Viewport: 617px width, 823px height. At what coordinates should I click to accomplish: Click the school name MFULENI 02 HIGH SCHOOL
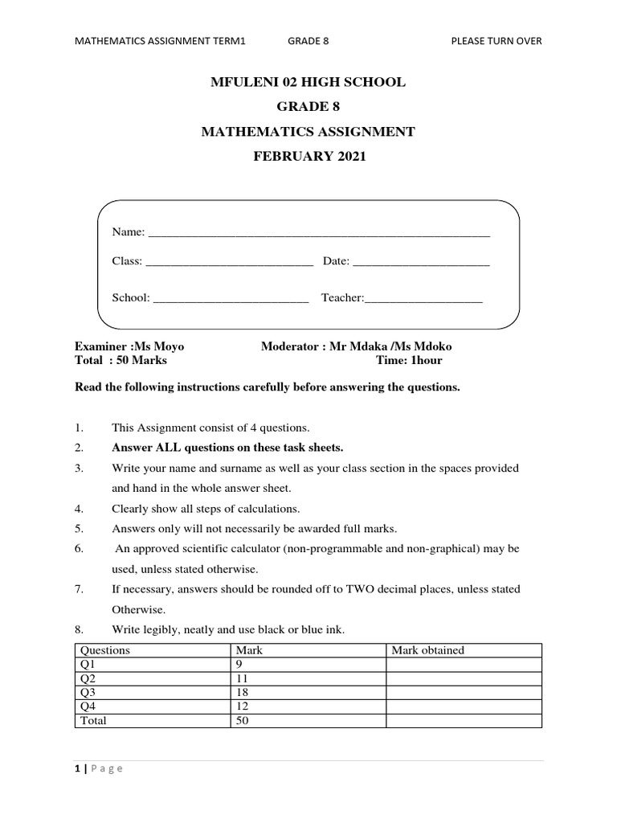click(308, 82)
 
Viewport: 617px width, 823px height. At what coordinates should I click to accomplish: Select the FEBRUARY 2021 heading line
click(308, 157)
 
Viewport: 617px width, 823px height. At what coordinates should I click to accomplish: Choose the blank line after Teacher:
click(423, 299)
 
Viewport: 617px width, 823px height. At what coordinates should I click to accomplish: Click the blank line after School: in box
click(231, 299)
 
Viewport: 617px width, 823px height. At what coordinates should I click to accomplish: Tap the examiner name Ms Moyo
click(158, 346)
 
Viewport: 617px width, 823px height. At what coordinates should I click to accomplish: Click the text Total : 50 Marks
click(121, 361)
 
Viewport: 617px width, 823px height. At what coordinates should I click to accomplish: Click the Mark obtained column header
click(427, 650)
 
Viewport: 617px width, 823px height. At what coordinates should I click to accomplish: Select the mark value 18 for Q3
click(241, 692)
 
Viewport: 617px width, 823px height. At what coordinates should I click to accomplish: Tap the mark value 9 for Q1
click(239, 665)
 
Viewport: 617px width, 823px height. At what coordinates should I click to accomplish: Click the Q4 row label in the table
click(86, 706)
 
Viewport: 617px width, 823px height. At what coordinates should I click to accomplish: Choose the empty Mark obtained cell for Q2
click(464, 678)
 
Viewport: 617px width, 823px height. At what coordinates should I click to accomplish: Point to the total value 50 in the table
click(242, 721)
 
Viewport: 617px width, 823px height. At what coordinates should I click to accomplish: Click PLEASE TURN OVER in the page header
click(496, 41)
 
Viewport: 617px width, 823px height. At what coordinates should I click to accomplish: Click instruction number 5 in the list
click(79, 529)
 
